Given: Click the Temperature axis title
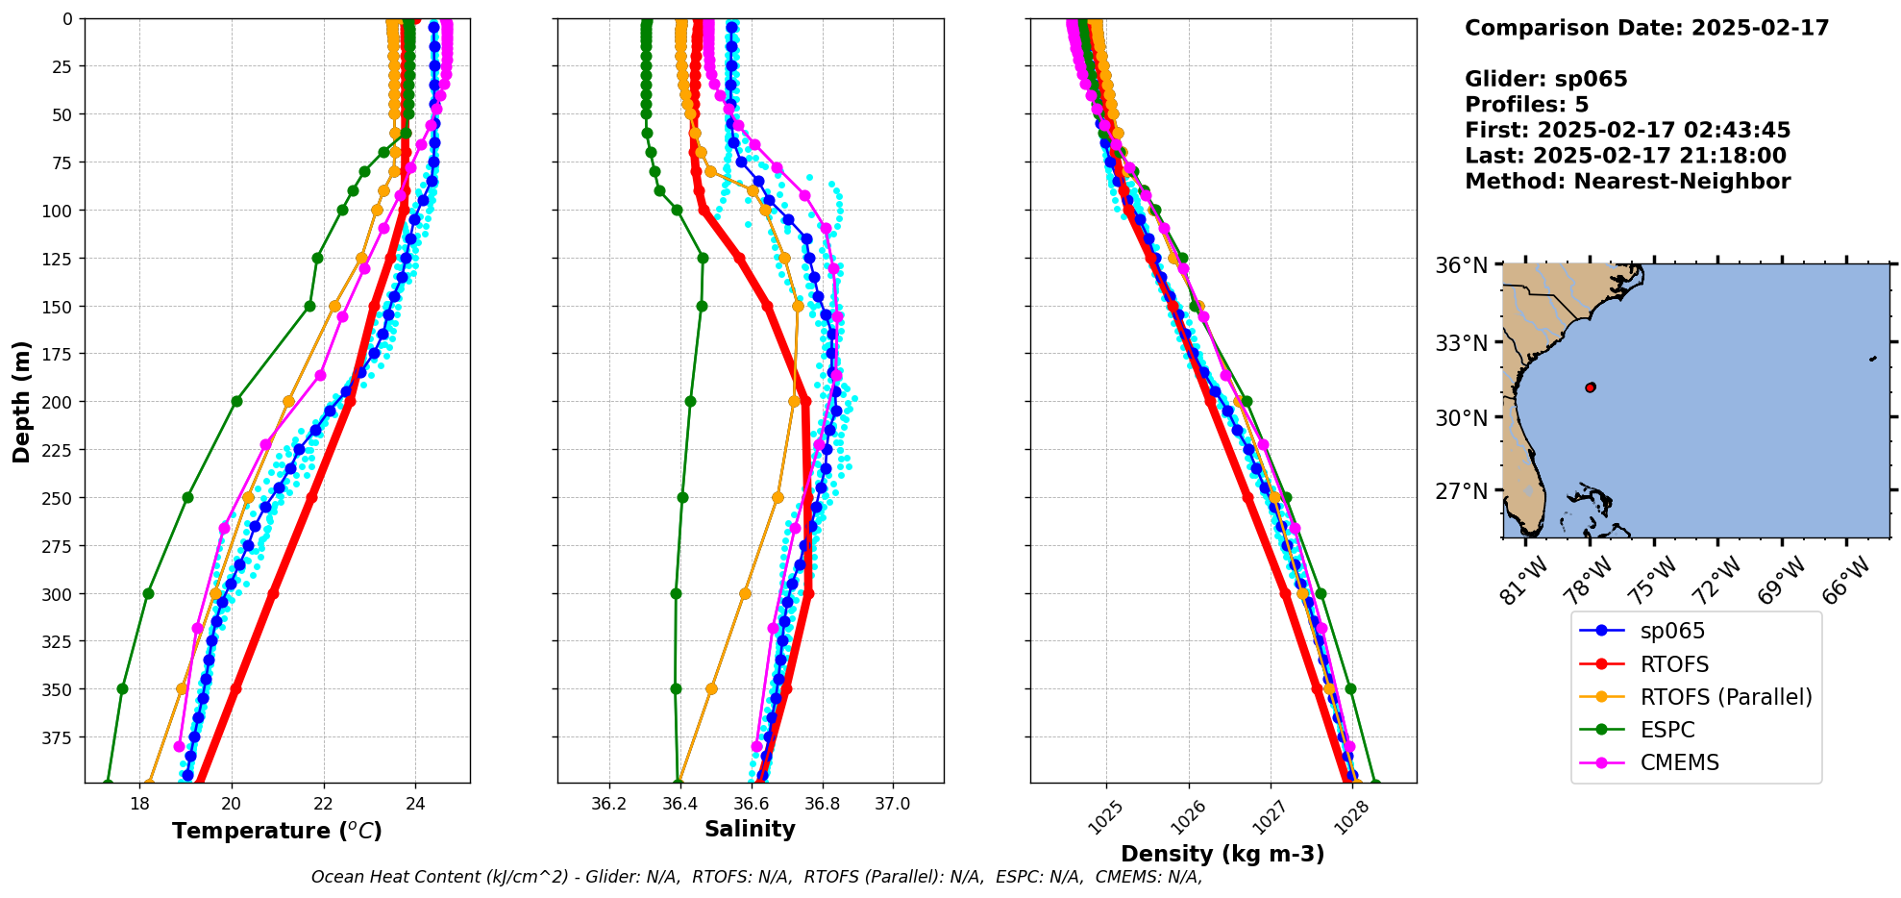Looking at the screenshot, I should (277, 831).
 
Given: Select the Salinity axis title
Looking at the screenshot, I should (750, 829).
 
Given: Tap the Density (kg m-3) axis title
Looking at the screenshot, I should (1222, 854).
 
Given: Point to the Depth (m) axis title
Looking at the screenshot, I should (21, 401).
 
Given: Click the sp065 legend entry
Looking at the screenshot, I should (1672, 631).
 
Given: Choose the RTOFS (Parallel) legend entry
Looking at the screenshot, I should (1726, 697).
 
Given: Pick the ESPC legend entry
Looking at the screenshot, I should (1667, 730).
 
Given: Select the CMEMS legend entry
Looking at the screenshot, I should (1679, 762).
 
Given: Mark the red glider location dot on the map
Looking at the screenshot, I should (1590, 387).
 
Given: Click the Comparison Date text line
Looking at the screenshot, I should (1646, 28).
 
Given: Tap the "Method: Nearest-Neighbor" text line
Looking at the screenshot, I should (1627, 182).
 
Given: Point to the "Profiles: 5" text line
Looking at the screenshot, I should (1526, 105).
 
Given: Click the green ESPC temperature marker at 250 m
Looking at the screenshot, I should (187, 497).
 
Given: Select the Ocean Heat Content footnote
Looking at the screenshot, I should (756, 877).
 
